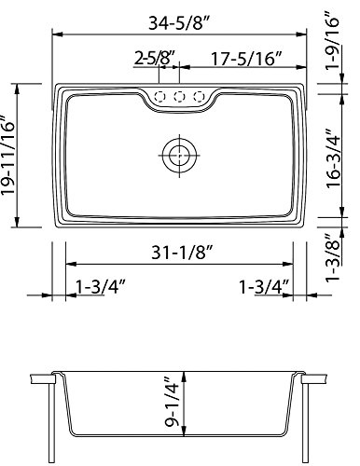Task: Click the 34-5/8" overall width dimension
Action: click(180, 22)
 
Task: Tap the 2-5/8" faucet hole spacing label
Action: click(155, 58)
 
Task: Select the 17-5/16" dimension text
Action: click(246, 59)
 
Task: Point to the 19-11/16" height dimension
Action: click(7, 156)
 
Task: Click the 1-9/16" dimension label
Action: click(332, 40)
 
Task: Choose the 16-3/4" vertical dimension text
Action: click(333, 158)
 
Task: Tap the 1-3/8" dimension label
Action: click(332, 257)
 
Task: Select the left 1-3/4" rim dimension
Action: click(100, 287)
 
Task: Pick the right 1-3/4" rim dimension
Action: click(264, 287)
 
